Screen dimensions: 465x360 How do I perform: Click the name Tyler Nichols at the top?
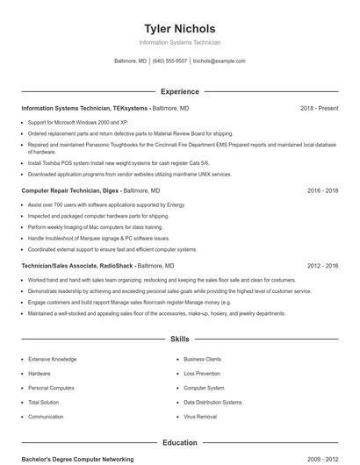180,28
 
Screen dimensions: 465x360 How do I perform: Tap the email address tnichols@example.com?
220,61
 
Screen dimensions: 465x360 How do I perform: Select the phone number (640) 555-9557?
170,61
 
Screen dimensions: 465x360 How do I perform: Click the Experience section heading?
180,91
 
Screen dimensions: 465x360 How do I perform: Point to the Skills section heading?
180,338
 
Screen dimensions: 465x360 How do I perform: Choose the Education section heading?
180,443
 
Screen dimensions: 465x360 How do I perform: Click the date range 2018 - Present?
319,108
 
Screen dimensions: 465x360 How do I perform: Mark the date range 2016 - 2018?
322,190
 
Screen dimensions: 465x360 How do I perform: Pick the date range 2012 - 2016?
322,265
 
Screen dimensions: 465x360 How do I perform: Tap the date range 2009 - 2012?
322,459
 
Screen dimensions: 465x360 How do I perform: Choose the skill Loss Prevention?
202,373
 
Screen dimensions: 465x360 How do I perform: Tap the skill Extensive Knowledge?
52,359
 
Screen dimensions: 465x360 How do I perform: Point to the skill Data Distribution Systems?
212,402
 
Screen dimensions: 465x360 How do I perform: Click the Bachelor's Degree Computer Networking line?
77,459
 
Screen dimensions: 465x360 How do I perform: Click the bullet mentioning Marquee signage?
98,238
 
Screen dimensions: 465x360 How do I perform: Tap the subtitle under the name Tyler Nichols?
180,42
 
